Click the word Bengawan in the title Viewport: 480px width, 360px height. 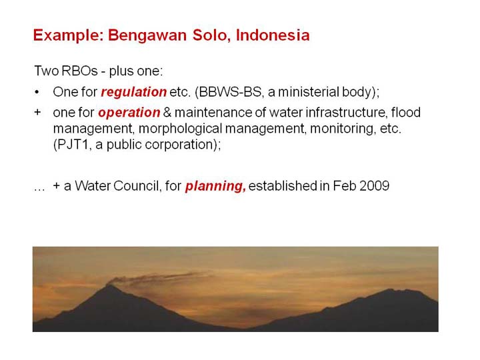(147, 35)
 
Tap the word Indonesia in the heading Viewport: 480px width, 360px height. (273, 35)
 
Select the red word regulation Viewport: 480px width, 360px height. (133, 92)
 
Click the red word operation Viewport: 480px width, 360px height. (129, 113)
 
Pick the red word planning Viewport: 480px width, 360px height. (215, 186)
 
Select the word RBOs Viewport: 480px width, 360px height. (79, 71)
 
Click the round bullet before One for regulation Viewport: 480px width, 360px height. (37, 92)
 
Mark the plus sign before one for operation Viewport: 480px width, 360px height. (37, 113)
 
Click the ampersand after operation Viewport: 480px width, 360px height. (167, 113)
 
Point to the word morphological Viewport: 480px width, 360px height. (180, 129)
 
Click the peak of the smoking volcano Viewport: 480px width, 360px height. (109, 285)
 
